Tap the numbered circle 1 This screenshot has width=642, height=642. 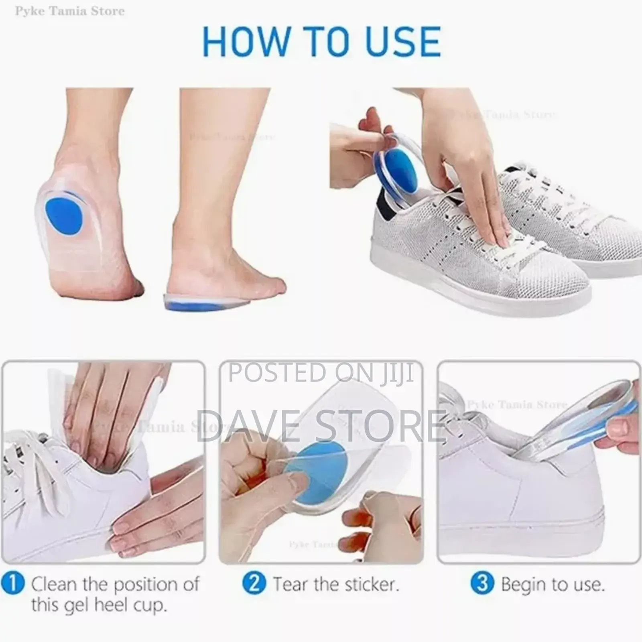(13, 583)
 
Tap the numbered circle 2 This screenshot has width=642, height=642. (254, 583)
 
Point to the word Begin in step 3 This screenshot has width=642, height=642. (525, 585)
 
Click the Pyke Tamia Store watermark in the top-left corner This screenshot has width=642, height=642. (70, 11)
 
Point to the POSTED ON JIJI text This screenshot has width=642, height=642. (321, 372)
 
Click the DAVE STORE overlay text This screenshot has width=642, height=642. (321, 425)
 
